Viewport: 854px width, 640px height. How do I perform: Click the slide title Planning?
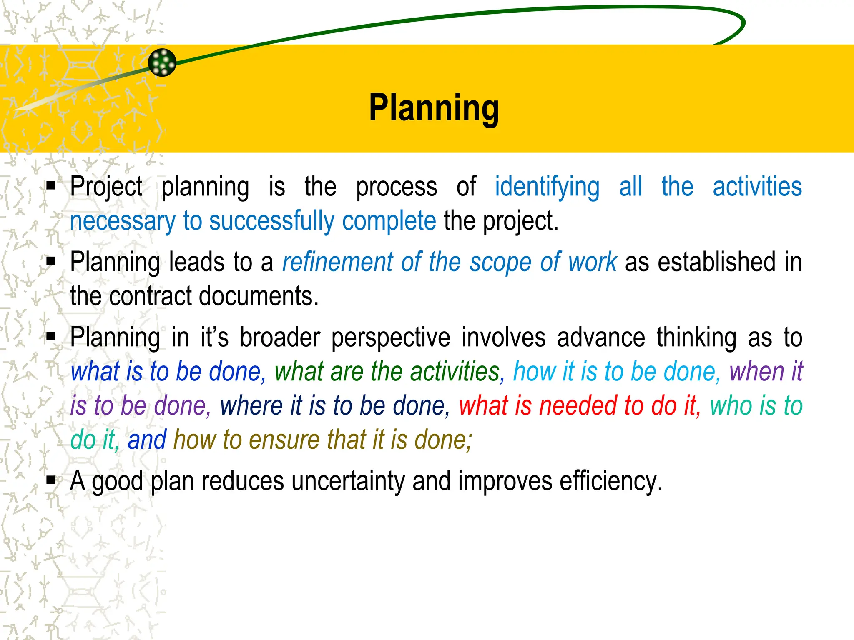click(434, 108)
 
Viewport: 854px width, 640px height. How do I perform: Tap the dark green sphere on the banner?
click(162, 62)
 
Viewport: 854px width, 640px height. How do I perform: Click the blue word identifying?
click(547, 187)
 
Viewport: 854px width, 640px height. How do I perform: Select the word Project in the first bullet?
click(106, 187)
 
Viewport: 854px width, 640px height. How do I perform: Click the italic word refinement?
click(337, 262)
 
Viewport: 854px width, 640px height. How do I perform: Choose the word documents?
click(259, 296)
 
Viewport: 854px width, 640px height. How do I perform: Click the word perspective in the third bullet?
click(391, 337)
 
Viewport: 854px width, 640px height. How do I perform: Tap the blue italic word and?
click(147, 440)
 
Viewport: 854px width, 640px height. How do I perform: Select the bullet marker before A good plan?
click(51, 480)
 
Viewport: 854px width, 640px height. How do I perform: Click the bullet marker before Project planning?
click(51, 185)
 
